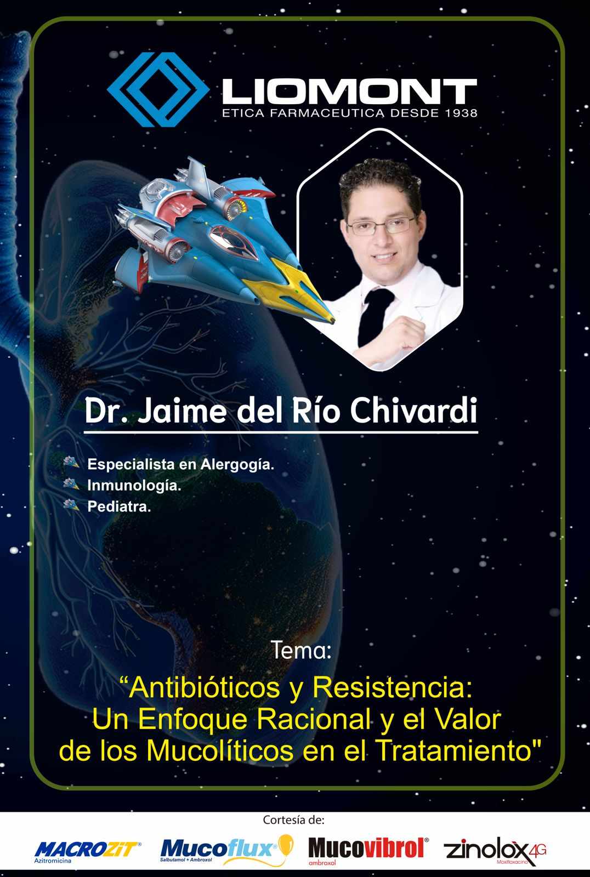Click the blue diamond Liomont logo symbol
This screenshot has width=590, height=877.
pyautogui.click(x=158, y=90)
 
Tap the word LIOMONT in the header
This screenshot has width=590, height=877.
pyautogui.click(x=349, y=92)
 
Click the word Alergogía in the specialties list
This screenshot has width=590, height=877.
pyautogui.click(x=237, y=465)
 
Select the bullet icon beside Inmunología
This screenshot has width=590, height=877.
pyautogui.click(x=71, y=483)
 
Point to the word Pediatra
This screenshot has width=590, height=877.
pyautogui.click(x=119, y=506)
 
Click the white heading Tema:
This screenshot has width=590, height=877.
pyautogui.click(x=301, y=650)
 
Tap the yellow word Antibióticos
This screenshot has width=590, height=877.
pyautogui.click(x=204, y=688)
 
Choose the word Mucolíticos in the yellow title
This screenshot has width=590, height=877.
pyautogui.click(x=220, y=750)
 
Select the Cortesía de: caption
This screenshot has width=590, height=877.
pyautogui.click(x=294, y=819)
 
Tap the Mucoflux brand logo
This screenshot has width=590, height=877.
pyautogui.click(x=227, y=850)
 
